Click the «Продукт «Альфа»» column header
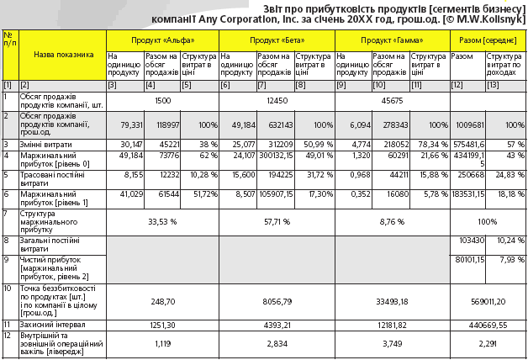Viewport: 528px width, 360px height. (x=162, y=40)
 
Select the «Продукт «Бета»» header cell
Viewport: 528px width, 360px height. (x=277, y=40)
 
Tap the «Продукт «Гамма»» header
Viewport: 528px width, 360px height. (x=392, y=40)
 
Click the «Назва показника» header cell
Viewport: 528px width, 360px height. (x=64, y=55)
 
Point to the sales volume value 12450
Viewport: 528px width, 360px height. (x=277, y=101)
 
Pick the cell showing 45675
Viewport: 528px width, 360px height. (x=392, y=101)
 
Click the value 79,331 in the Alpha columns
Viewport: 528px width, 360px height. (x=132, y=125)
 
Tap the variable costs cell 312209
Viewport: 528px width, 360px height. (x=281, y=145)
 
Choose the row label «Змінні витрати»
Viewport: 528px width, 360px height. (x=45, y=145)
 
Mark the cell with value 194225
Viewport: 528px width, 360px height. (x=281, y=175)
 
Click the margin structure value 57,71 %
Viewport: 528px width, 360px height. (x=277, y=222)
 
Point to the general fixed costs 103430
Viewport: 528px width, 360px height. (x=472, y=241)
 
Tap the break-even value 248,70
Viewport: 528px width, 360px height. (x=162, y=301)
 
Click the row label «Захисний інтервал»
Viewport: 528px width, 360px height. (x=52, y=325)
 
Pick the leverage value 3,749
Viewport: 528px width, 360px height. (x=392, y=344)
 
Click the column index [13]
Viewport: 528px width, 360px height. (x=493, y=85)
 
